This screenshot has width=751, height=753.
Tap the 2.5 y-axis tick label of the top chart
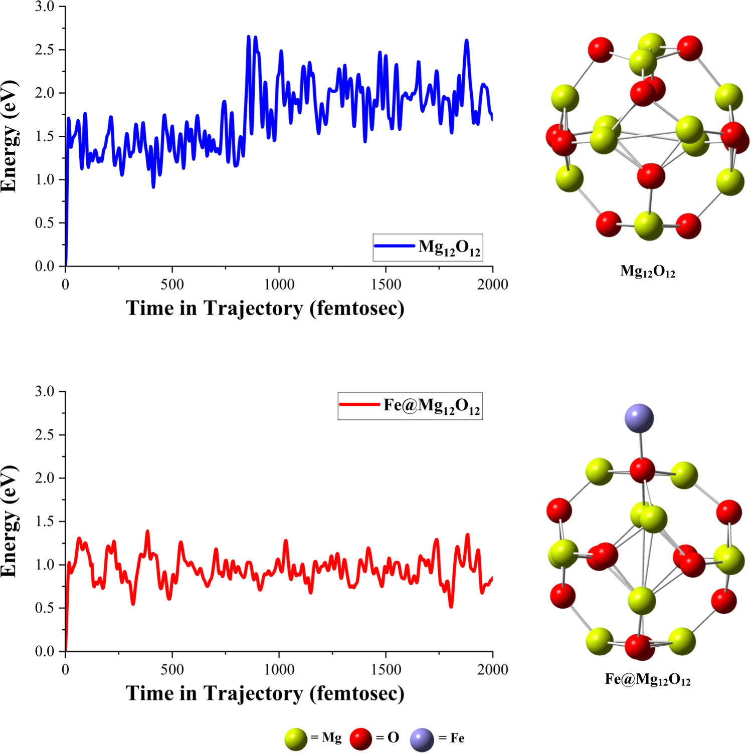click(x=45, y=50)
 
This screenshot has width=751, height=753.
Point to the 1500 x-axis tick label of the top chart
click(x=386, y=285)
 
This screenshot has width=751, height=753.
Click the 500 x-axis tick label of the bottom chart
click(x=172, y=670)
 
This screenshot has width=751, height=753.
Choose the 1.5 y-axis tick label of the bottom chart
click(x=45, y=522)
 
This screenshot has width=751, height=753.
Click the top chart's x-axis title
click(x=265, y=308)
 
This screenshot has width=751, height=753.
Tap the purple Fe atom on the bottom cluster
click(x=639, y=418)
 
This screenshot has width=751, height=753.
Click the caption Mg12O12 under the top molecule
click(x=647, y=272)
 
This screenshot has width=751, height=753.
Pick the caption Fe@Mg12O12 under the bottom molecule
click(x=647, y=680)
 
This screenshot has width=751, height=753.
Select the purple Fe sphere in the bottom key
click(x=422, y=740)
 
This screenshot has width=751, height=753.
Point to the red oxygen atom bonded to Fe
click(x=642, y=470)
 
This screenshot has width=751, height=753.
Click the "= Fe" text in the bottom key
click(x=451, y=738)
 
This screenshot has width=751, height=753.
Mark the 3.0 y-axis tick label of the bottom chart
click(x=45, y=392)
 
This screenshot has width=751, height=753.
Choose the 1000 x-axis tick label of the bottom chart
click(x=279, y=670)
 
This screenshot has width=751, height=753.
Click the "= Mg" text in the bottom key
click(x=326, y=738)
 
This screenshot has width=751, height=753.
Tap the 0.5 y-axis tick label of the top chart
click(x=45, y=223)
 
